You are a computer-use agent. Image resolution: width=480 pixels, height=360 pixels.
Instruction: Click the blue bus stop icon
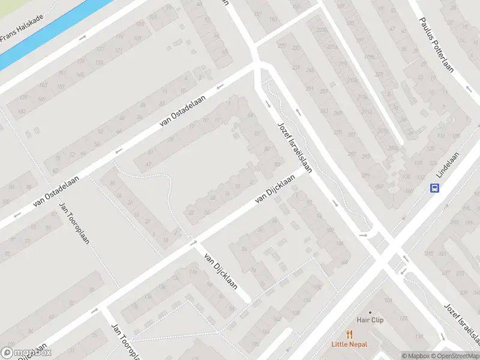[434, 188]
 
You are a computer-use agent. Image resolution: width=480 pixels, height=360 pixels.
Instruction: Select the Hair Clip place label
[370, 320]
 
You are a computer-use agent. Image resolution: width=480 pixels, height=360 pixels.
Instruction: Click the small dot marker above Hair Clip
[370, 312]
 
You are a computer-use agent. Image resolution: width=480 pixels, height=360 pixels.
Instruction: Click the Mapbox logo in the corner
[26, 353]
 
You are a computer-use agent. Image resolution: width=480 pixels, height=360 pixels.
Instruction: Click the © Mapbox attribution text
[415, 356]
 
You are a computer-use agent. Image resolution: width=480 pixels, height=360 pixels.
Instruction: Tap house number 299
[367, 175]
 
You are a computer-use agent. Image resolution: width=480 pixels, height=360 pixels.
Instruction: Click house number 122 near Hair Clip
[403, 318]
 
